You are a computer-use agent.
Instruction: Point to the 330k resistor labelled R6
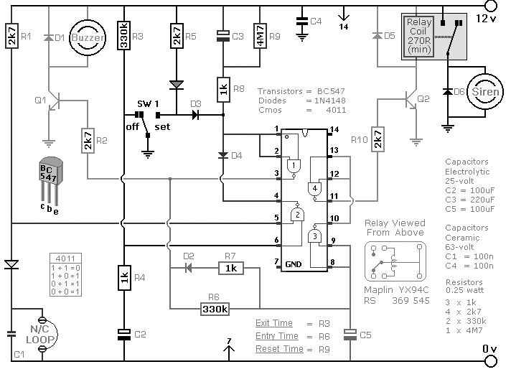pyautogui.click(x=215, y=309)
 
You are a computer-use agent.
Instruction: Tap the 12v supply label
pyautogui.click(x=487, y=18)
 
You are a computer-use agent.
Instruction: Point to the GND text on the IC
pyautogui.click(x=293, y=264)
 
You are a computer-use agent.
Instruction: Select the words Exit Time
pyautogui.click(x=273, y=323)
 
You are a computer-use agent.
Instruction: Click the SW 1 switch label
pyautogui.click(x=148, y=104)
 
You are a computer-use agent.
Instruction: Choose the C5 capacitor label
pyautogui.click(x=365, y=334)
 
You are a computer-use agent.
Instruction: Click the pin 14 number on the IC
pyautogui.click(x=333, y=130)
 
